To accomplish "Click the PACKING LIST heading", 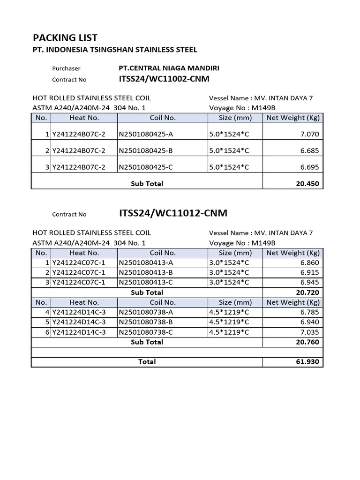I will [65, 38].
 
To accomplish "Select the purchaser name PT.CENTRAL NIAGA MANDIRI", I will [169, 68].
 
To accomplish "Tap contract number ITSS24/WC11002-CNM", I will [164, 79].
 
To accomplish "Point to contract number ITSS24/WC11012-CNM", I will [173, 213].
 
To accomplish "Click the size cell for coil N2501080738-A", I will [229, 312].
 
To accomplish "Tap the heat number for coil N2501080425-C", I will [79, 167].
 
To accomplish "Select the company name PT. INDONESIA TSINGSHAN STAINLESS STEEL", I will [115, 50].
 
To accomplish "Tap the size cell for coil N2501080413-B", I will [229, 272].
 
